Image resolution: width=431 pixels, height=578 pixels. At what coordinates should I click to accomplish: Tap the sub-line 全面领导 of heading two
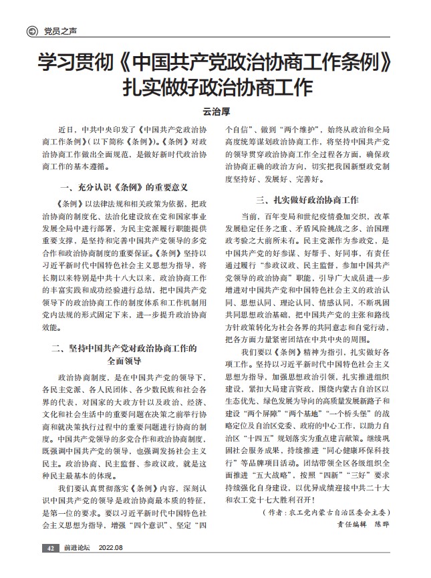click(124, 361)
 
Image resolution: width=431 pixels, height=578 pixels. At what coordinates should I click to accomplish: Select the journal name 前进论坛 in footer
click(77, 548)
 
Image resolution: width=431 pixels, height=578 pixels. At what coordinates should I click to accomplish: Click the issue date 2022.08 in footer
click(111, 548)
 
